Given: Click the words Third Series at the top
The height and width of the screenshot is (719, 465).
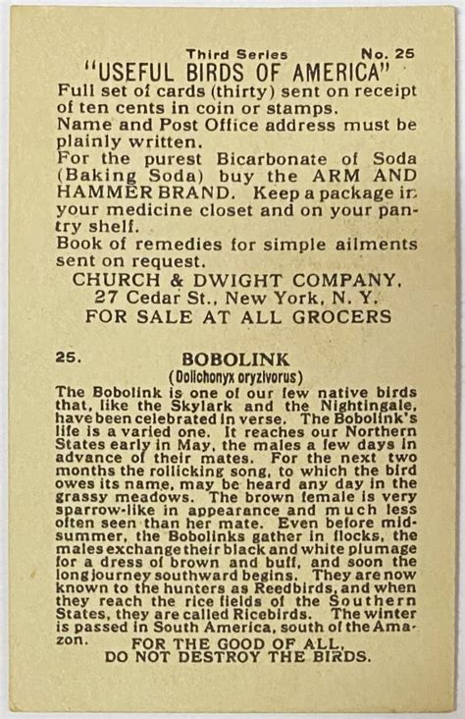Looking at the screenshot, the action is pyautogui.click(x=236, y=55).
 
